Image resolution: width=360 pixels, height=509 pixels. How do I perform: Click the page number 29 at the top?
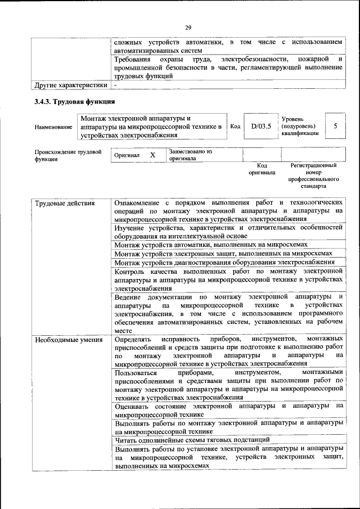188,26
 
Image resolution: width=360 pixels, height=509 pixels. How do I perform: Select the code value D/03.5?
261,127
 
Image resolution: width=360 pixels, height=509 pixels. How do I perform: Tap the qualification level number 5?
335,127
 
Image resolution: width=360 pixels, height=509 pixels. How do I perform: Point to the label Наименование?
53,127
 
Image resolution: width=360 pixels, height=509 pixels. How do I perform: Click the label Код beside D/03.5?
236,127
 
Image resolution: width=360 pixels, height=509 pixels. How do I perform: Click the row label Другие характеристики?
70,85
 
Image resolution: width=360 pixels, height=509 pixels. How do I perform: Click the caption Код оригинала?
262,169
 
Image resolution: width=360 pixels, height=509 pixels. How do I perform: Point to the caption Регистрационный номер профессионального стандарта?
313,175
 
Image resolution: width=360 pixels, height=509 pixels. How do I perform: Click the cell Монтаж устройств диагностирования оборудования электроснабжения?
224,263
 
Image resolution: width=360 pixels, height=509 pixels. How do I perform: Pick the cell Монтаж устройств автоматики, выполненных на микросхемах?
211,245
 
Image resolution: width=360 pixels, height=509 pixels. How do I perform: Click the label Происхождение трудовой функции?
68,155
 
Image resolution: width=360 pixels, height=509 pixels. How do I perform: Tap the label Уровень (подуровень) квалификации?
300,127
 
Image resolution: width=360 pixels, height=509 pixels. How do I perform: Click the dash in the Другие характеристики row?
115,85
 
